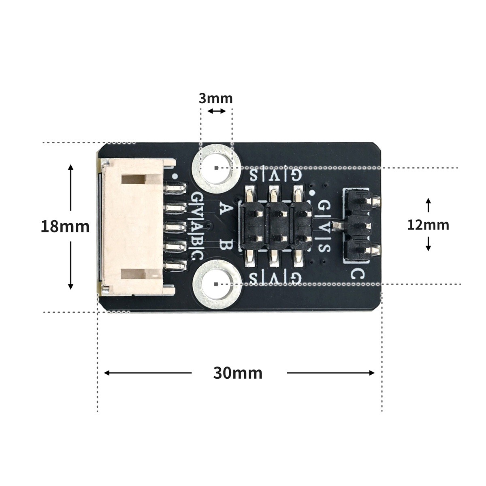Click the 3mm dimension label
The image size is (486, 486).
[215, 98]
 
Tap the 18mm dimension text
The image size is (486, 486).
[65, 226]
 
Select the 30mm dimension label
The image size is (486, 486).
[238, 373]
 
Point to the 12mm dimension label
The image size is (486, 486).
[428, 225]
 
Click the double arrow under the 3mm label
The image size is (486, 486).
[216, 111]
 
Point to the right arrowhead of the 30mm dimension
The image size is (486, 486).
[372, 373]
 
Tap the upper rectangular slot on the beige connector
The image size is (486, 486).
[134, 179]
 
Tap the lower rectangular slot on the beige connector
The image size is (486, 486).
[134, 273]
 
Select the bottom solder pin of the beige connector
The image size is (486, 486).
[175, 265]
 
